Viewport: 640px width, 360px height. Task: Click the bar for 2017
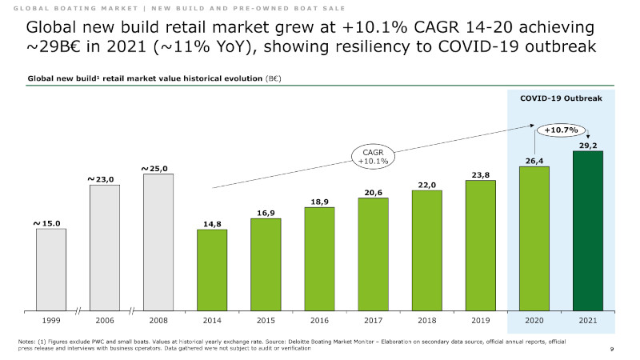tap(373, 254)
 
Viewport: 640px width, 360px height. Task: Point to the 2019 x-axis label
tap(481, 320)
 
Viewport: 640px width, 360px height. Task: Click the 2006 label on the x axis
tap(105, 320)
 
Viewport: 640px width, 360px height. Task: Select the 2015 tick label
tap(266, 320)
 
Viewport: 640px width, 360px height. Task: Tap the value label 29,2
tap(589, 145)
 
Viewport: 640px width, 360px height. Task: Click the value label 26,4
tap(534, 161)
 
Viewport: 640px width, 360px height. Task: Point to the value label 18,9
tap(320, 202)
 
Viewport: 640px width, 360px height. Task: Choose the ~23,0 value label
tap(102, 180)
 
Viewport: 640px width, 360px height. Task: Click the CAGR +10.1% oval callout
tap(372, 156)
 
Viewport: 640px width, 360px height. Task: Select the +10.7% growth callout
tap(561, 129)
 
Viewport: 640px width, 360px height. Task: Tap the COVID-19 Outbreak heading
tap(561, 100)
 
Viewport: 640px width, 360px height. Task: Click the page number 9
tap(611, 350)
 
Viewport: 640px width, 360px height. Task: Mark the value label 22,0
tap(427, 185)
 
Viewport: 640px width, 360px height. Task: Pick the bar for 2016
tap(319, 259)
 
